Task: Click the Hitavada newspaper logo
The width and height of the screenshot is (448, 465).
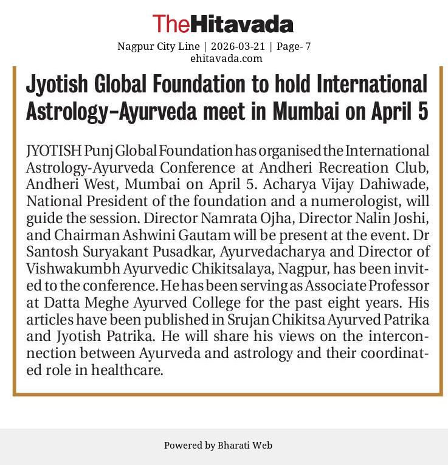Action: click(223, 24)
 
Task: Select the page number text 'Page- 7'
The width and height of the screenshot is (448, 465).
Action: click(294, 46)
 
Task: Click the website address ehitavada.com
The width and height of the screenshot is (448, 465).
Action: click(226, 58)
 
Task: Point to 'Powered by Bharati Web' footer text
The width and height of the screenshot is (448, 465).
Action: click(218, 446)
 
